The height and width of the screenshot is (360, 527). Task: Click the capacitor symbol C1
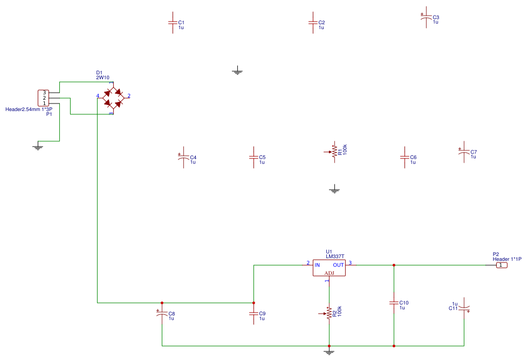click(173, 23)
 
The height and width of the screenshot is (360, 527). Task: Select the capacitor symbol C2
click(312, 23)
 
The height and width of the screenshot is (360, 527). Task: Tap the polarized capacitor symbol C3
click(426, 18)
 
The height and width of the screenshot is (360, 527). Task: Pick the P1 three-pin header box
click(44, 98)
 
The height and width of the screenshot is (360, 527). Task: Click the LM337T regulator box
click(329, 267)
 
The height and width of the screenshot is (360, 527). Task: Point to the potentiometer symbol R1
click(334, 151)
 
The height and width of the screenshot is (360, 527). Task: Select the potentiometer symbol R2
click(328, 313)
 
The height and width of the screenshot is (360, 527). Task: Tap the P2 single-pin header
click(501, 265)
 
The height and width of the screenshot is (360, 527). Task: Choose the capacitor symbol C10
click(394, 303)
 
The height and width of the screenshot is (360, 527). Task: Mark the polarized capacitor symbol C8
click(161, 314)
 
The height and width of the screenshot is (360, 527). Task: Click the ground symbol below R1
click(334, 190)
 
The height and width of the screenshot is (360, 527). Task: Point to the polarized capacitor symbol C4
click(183, 158)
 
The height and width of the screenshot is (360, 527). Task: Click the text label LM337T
click(334, 257)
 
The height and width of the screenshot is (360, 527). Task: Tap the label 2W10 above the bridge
click(102, 78)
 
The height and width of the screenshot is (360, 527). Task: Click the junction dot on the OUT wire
click(394, 265)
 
